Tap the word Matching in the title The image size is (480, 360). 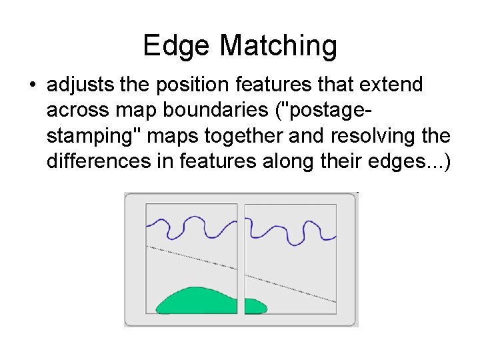click(x=278, y=46)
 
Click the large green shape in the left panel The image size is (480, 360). click(x=197, y=301)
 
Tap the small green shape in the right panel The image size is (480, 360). click(x=255, y=306)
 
